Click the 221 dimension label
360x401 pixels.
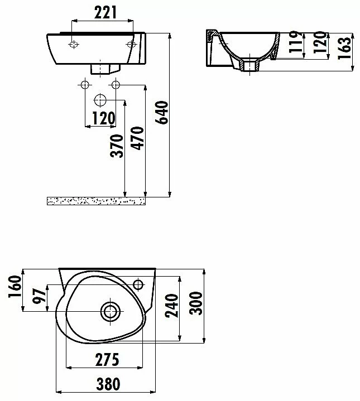click(105, 13)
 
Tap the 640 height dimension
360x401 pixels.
click(162, 113)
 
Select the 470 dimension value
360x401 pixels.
click(137, 138)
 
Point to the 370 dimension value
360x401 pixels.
click(117, 146)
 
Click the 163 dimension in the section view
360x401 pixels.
click(344, 49)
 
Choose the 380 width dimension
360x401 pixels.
click(108, 384)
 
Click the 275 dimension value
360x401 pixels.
click(107, 360)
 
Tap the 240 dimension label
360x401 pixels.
click(172, 306)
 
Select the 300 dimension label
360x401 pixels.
click(196, 303)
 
